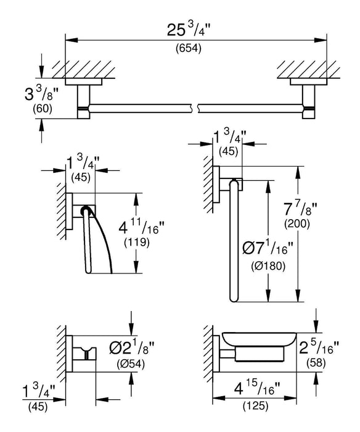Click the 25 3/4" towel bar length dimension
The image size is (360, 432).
189,30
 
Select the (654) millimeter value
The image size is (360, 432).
189,49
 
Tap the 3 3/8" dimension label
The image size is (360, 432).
41,93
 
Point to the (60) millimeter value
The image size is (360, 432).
43,109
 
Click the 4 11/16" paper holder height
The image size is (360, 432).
141,226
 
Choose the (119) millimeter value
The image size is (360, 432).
137,243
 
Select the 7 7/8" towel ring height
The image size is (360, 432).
297,209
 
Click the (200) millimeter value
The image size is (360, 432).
297,223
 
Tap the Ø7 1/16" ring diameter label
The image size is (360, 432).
265,248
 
